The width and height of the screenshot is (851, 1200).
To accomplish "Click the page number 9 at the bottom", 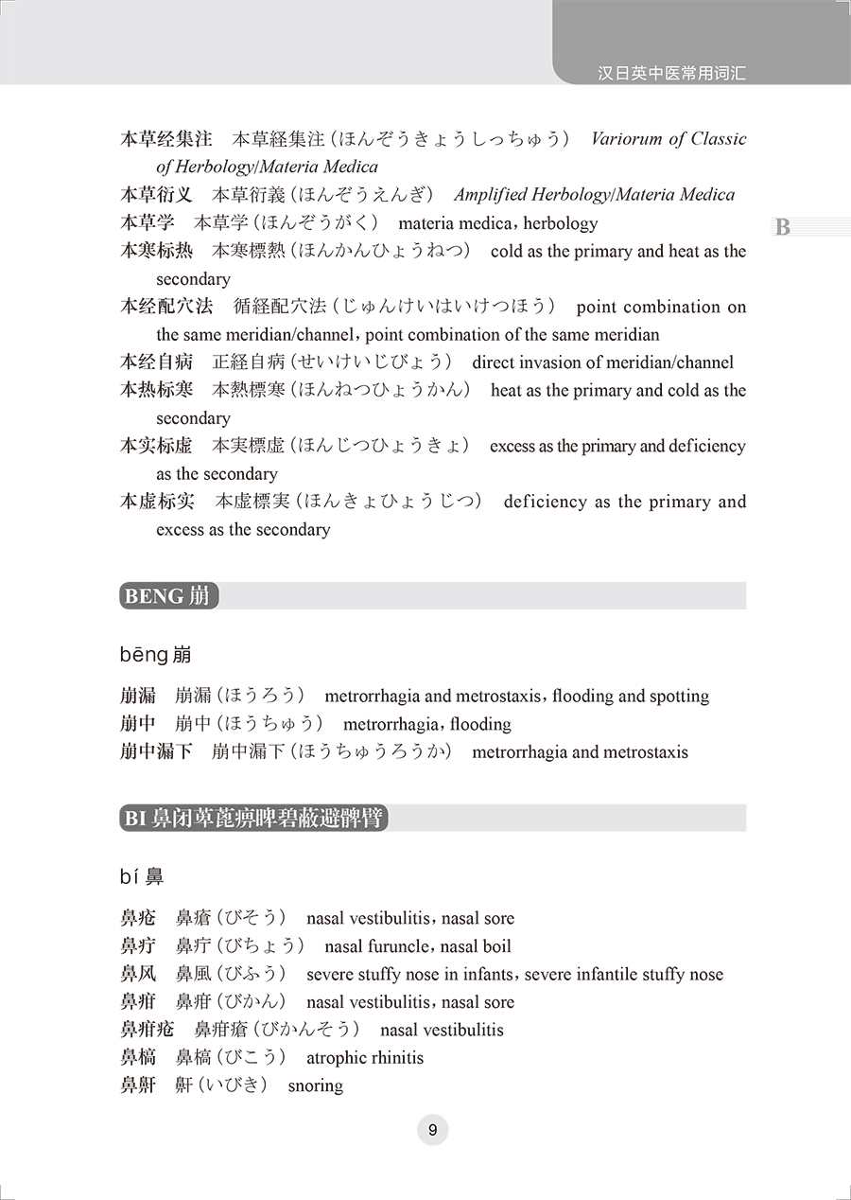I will tap(432, 1130).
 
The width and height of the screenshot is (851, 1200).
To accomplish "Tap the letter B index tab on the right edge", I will tap(782, 228).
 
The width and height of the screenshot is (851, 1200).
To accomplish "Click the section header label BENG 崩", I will tap(168, 596).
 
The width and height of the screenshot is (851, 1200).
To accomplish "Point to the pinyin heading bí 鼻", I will tap(142, 877).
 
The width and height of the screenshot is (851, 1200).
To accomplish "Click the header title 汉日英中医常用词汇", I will tap(672, 73).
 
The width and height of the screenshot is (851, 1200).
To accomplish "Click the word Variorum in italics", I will tap(626, 139).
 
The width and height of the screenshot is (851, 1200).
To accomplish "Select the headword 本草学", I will tap(148, 223).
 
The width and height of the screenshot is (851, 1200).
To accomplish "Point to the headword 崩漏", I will tap(138, 697).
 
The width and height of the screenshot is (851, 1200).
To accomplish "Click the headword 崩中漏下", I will tap(156, 752).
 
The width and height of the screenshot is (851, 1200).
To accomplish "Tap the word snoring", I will tap(316, 1086).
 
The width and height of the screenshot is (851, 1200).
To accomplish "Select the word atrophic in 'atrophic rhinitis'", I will tap(337, 1058).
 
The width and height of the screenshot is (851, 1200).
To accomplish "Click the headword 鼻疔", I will tap(138, 946).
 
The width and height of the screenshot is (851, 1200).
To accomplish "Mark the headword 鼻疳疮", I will tap(148, 1031).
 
